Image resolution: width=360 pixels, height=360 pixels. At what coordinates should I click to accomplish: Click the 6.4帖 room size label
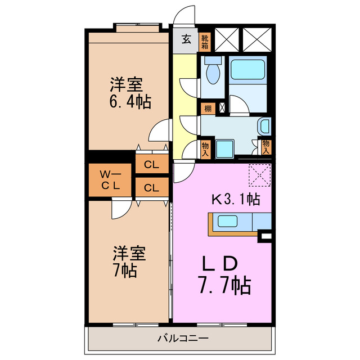(129, 102)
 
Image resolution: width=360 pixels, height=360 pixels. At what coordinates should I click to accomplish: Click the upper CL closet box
(151, 165)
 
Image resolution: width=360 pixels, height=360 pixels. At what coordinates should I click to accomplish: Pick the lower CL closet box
(151, 188)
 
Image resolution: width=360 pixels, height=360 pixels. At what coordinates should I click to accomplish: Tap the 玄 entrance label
(185, 40)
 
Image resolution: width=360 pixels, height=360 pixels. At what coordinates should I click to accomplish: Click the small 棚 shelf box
(208, 107)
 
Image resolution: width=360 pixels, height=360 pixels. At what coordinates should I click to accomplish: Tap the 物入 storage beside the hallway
(206, 147)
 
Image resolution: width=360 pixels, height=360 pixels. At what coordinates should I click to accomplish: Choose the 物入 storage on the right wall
(265, 147)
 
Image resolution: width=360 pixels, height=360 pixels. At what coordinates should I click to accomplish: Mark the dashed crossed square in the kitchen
(260, 175)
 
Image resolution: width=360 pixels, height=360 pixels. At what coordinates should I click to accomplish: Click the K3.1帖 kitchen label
(235, 199)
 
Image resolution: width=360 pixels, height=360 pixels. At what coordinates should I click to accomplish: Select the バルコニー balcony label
(182, 339)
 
